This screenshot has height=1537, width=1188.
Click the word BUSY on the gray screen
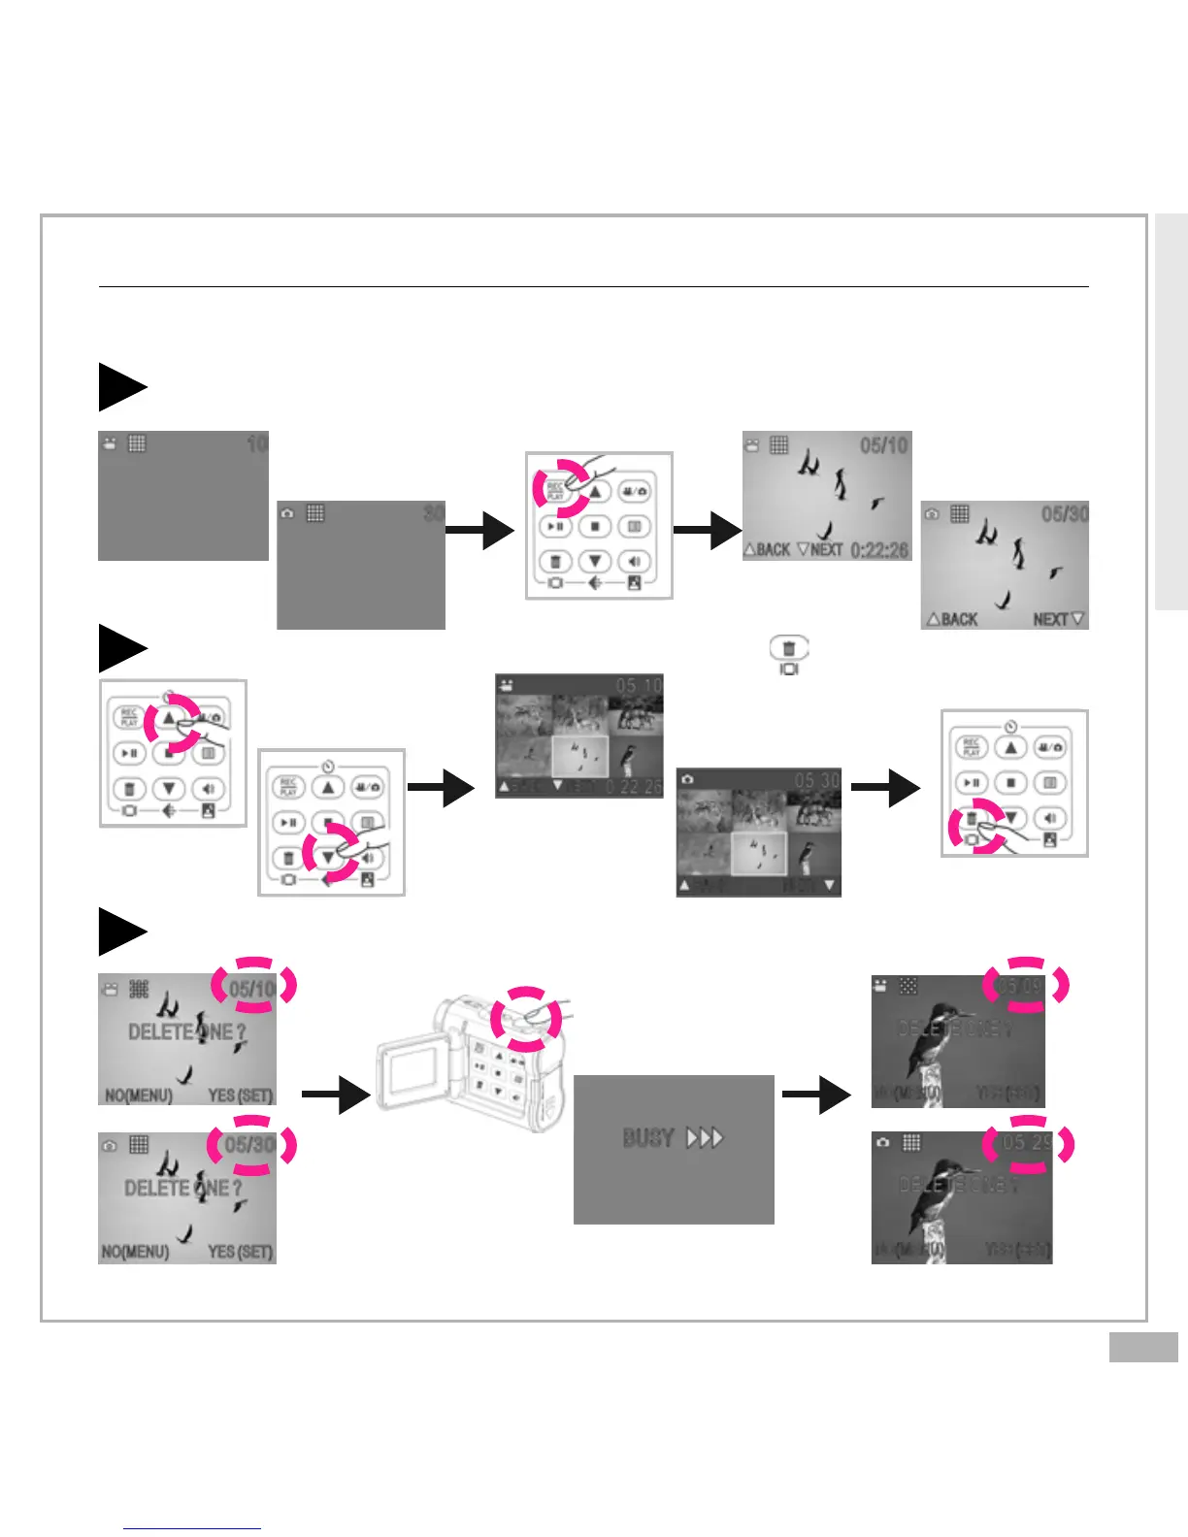coord(648,1137)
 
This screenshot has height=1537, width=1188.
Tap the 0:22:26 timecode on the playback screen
coord(879,550)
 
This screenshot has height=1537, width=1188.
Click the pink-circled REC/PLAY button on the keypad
coord(556,490)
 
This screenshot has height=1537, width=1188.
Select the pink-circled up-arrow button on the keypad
coord(169,719)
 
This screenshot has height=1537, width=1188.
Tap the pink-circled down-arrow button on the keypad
coord(329,858)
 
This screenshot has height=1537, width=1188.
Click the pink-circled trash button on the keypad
coord(972,820)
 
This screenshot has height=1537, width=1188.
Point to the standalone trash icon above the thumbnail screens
coord(789,648)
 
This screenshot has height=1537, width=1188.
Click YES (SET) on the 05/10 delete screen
coord(240,1096)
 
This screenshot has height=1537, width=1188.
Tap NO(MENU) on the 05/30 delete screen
coord(136,1252)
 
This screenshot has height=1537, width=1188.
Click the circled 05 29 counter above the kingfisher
coord(1027,1144)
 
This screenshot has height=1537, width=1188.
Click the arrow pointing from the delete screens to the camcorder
coord(335,1095)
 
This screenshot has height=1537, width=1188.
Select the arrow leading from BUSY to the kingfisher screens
coord(815,1095)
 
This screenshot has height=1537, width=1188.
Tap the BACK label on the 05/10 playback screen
coord(767,550)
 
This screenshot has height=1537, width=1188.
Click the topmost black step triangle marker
coord(121,387)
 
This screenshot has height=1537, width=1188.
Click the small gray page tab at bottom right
coord(1143,1348)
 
